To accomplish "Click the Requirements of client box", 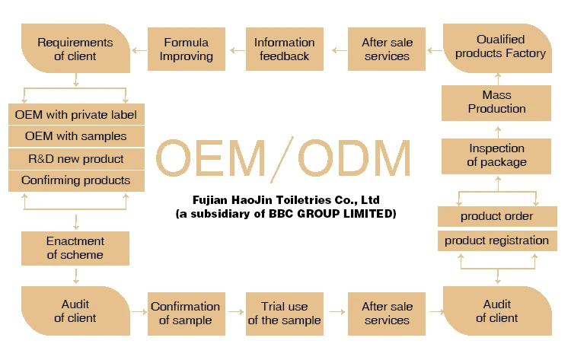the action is [x=75, y=49].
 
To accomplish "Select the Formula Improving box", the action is [x=186, y=49].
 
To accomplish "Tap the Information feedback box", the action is [x=284, y=49].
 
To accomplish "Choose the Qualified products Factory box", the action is [x=496, y=47].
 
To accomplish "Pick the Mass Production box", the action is [x=496, y=102].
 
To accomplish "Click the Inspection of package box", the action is [x=496, y=155].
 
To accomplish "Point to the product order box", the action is [x=496, y=216].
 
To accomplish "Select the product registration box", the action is [x=496, y=241].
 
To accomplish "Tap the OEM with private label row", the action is [x=75, y=115].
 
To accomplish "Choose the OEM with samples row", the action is [x=75, y=136].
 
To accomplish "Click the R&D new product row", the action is [x=75, y=158].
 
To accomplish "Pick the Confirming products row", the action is [x=75, y=180].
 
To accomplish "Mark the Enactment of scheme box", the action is [x=75, y=248].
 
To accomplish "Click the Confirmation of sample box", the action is [x=185, y=313].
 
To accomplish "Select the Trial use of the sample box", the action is [x=284, y=313].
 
